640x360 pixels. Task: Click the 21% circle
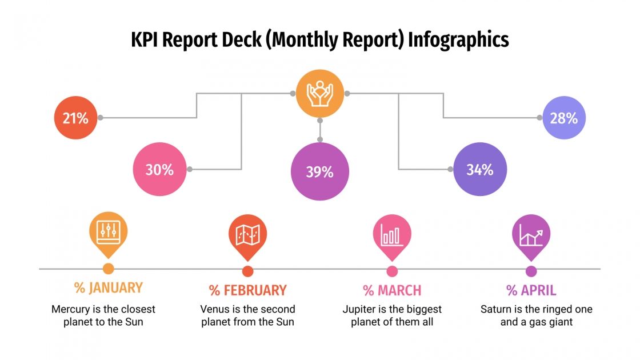[x=75, y=118]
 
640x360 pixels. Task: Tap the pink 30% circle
[x=159, y=170]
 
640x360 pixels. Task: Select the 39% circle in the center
[x=319, y=171]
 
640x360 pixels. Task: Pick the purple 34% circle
[x=479, y=170]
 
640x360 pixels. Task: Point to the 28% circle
[x=564, y=118]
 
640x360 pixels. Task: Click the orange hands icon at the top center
[x=319, y=93]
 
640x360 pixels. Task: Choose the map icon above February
[x=247, y=234]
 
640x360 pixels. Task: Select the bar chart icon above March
[x=392, y=234]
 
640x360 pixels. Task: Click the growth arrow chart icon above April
[x=531, y=234]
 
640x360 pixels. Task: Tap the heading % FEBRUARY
[x=247, y=290]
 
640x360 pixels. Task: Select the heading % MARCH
[x=392, y=290]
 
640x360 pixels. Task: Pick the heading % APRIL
[x=531, y=290]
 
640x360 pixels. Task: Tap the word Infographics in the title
[x=458, y=39]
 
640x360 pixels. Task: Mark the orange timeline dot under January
[x=108, y=269]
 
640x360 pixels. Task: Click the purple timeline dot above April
[x=531, y=271]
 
